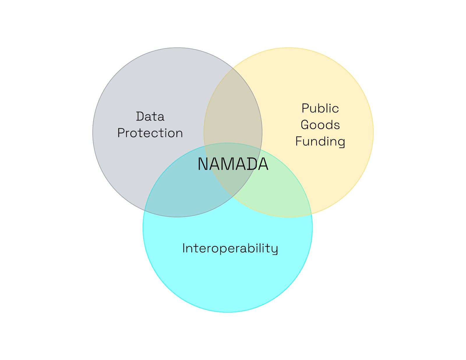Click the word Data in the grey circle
click(150, 117)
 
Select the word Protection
click(150, 133)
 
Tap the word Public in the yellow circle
click(320, 108)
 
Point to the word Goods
click(320, 125)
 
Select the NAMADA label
click(233, 164)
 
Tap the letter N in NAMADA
click(203, 164)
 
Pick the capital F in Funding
click(299, 141)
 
